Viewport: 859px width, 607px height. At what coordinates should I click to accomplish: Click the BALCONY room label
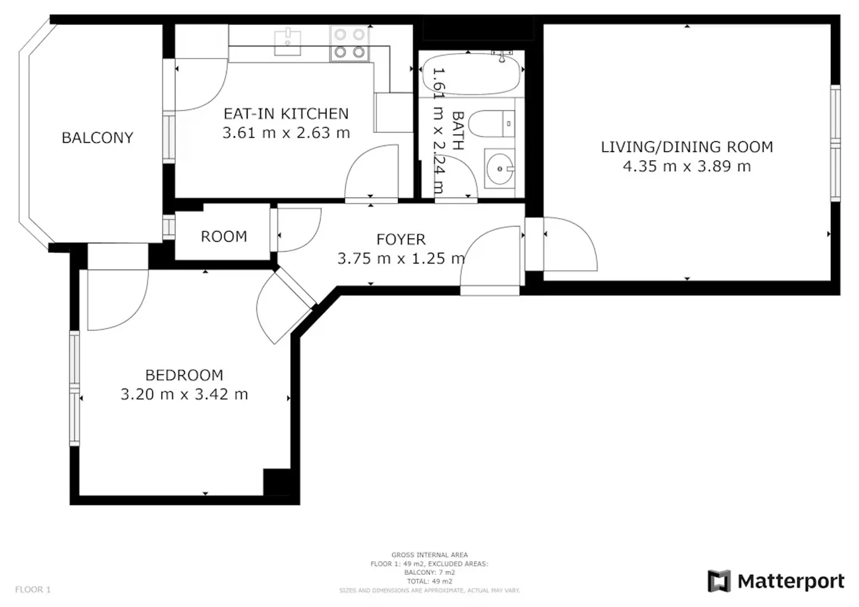[97, 138]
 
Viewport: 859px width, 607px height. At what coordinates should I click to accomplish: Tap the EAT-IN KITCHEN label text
[286, 114]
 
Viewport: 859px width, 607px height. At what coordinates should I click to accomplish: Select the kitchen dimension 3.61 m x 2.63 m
[286, 132]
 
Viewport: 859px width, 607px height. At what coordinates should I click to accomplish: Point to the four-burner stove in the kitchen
[350, 43]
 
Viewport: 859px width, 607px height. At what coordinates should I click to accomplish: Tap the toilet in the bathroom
[492, 124]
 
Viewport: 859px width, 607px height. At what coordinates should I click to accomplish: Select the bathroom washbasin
[500, 169]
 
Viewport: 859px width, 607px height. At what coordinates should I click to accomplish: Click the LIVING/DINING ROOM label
[687, 147]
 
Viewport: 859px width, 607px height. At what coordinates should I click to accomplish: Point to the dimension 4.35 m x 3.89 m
[687, 166]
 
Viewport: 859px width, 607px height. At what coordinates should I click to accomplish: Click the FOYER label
[401, 240]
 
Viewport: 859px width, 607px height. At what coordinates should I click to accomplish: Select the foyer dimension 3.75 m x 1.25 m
[401, 258]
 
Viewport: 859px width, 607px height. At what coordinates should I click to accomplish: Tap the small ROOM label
[224, 237]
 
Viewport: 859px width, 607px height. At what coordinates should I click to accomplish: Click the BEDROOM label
[184, 375]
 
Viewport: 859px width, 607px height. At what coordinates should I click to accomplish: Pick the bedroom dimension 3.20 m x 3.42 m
[184, 394]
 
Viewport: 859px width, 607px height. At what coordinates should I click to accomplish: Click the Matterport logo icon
[719, 581]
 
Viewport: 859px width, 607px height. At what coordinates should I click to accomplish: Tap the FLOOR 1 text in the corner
[33, 589]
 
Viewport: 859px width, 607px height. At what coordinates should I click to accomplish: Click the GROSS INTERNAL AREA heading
[429, 555]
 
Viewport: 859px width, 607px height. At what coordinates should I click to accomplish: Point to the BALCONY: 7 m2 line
[429, 572]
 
